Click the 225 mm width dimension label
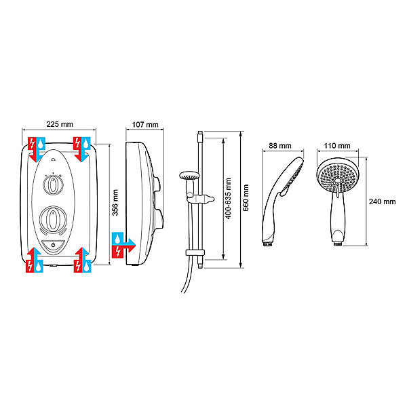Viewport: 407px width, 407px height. click(x=60, y=124)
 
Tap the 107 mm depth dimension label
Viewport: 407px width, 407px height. click(x=145, y=125)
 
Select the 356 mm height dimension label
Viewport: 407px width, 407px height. click(x=115, y=202)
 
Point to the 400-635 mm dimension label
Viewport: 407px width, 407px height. click(x=228, y=198)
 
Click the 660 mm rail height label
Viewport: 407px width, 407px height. click(x=246, y=198)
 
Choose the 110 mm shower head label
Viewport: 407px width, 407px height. click(x=337, y=146)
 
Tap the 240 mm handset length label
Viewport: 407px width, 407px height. click(x=382, y=201)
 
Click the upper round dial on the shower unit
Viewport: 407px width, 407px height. click(x=53, y=185)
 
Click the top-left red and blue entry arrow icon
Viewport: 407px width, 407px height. click(x=37, y=149)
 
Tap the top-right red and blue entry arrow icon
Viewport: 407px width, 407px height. click(x=82, y=149)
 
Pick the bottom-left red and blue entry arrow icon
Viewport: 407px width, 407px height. click(x=35, y=260)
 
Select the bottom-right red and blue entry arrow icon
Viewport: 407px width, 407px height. click(x=83, y=260)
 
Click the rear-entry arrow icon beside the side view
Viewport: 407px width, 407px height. click(x=123, y=245)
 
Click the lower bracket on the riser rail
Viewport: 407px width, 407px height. click(x=195, y=252)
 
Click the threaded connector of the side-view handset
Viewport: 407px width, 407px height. click(x=267, y=244)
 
